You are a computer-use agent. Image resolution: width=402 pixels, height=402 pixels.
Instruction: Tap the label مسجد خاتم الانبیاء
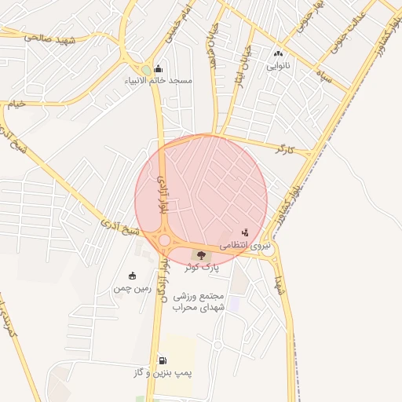click(x=159, y=80)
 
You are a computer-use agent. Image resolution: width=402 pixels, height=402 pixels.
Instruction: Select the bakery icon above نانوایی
click(x=278, y=54)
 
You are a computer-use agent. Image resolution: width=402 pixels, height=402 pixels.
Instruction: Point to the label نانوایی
click(x=278, y=66)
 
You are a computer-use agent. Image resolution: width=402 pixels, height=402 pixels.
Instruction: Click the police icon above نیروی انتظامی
click(x=245, y=232)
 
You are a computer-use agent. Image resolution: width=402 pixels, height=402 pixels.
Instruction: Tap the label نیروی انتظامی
click(x=244, y=246)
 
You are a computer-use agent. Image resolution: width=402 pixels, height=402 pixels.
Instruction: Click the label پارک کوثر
click(x=202, y=268)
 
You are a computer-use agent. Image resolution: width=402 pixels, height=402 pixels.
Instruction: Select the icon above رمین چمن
click(x=131, y=276)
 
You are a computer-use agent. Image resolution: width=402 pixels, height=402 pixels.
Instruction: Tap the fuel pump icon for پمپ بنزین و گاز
click(x=163, y=360)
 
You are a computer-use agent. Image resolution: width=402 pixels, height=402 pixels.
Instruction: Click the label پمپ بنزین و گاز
click(x=163, y=373)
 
